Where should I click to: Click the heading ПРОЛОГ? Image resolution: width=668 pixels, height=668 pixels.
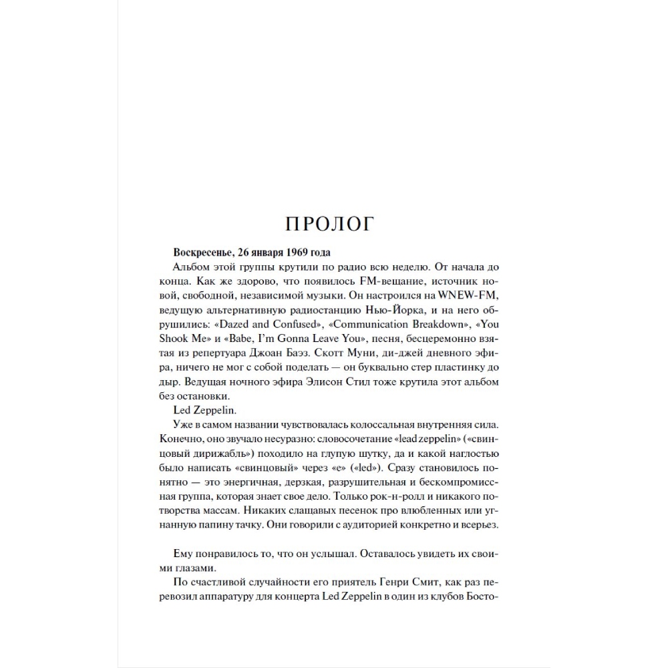329,224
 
